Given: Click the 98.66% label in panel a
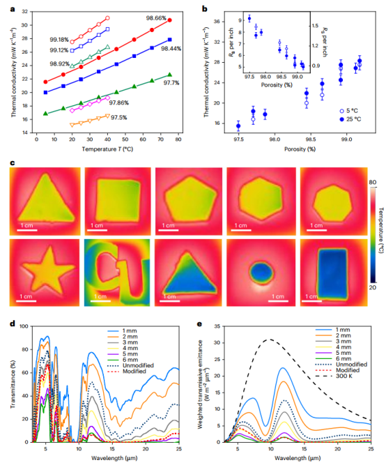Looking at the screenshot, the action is pos(156,18).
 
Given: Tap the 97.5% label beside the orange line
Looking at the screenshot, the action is pos(119,118).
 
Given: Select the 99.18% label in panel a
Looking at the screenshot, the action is pos(59,40).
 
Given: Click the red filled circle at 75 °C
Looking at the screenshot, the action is pos(169,20).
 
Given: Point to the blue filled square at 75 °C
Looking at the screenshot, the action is pos(169,40).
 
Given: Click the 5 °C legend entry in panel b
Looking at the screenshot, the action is pos(348,111).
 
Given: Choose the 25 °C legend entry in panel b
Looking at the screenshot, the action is pos(350,119).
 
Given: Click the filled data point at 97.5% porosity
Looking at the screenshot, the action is pos(238,126).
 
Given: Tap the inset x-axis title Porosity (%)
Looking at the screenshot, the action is pos(277,85).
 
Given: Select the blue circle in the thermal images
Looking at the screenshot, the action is pos(261,273).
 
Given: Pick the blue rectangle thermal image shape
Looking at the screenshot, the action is pos(332,274).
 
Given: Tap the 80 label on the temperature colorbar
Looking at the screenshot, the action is pos(373,182).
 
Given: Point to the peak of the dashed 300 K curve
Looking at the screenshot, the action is pos(270,340).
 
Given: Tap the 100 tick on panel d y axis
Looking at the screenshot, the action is pos(24,326).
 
